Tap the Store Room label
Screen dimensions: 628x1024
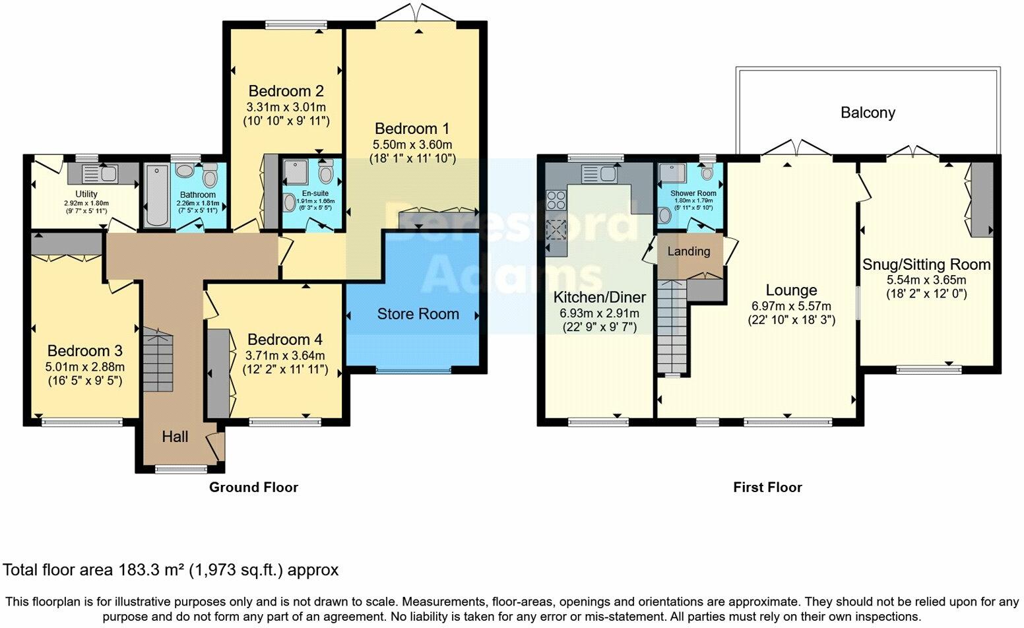418,314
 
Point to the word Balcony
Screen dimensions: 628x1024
868,113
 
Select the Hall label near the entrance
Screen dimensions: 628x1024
175,437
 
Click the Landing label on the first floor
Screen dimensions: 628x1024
688,251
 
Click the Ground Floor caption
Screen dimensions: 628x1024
253,487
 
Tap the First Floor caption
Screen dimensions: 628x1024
767,487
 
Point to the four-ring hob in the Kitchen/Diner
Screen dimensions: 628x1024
556,199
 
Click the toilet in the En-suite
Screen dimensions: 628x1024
325,173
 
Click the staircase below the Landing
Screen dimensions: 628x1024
672,327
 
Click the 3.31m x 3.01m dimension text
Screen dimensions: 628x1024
286,107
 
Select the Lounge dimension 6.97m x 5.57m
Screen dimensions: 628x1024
791,306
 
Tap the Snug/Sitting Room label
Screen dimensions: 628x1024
926,265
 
